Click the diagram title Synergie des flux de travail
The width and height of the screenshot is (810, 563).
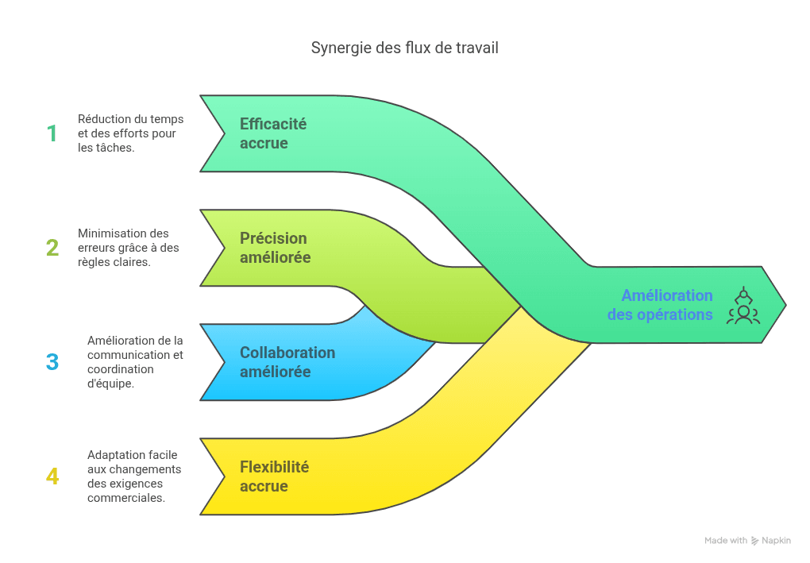[404, 48]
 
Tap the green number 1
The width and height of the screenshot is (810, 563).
[52, 133]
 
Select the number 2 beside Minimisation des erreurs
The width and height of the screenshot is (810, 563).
[52, 248]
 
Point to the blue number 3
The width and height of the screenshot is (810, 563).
[52, 362]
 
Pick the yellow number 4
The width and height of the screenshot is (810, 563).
[52, 476]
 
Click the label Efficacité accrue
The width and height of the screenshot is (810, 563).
[272, 133]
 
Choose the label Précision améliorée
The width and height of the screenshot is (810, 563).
[275, 248]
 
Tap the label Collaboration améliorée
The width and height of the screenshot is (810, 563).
[287, 362]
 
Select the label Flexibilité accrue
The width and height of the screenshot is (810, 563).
[274, 476]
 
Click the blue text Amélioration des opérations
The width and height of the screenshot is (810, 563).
[660, 305]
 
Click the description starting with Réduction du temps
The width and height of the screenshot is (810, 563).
[130, 133]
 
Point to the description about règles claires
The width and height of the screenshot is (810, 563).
[128, 248]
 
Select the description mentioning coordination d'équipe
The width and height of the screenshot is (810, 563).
[135, 362]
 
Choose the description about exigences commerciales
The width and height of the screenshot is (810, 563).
[133, 476]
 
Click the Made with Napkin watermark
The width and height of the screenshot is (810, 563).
[747, 540]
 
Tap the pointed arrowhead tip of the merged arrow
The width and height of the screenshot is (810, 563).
[785, 305]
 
